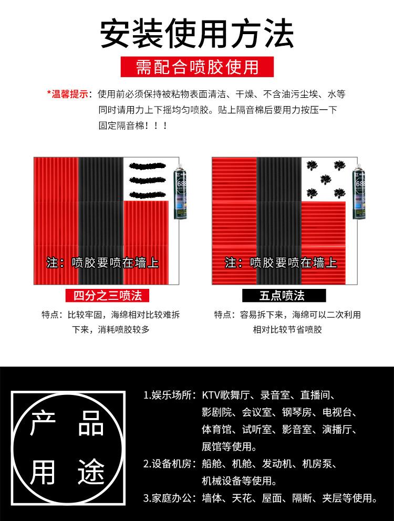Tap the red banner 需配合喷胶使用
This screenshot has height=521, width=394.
197,67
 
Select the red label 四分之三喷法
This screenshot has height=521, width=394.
108,295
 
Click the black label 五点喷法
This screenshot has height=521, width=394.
284,295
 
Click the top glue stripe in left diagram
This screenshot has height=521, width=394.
149,167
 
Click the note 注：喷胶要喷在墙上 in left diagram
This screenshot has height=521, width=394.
102,263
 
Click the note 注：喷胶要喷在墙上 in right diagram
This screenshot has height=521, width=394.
281,263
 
